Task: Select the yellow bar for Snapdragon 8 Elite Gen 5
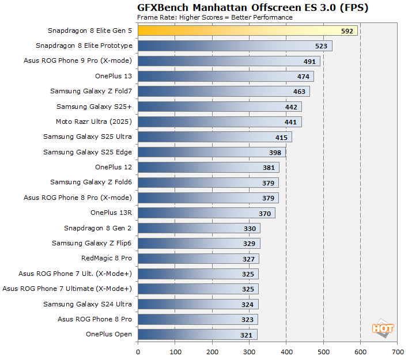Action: coord(247,31)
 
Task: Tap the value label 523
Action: coord(322,46)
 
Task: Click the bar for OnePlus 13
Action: coord(225,76)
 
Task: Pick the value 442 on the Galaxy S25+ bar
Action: coord(291,107)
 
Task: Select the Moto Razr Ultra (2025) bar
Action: coord(220,122)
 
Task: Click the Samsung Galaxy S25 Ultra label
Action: coord(88,137)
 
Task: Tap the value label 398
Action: coord(275,152)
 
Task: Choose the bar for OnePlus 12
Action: coord(208,167)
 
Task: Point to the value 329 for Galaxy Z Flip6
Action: coord(250,243)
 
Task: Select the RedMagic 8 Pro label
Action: coord(107,258)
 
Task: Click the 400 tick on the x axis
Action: coord(286,351)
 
